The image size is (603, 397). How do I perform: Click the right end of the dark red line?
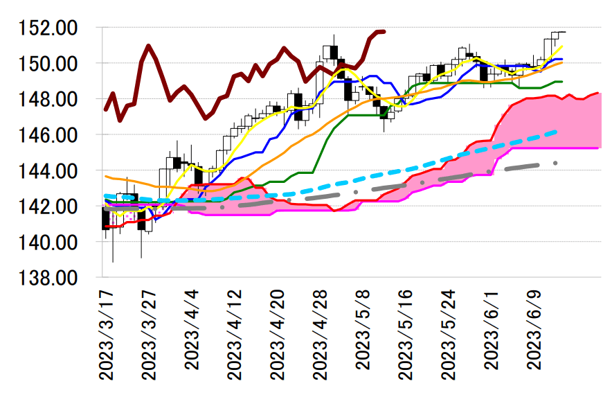coord(384,31)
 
